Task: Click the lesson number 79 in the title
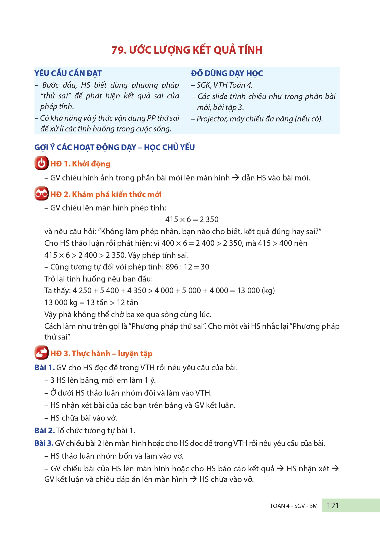tap(118, 50)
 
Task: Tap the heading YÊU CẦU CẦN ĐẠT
tap(68, 73)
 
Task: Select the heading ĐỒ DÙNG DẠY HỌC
tap(227, 73)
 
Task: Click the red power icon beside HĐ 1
tap(41, 163)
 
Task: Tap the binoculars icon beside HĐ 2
tap(41, 194)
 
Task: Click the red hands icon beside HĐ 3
tap(41, 353)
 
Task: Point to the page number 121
tap(333, 506)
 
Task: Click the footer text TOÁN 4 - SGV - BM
tap(293, 506)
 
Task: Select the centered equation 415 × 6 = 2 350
tap(192, 219)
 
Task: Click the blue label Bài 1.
tap(44, 368)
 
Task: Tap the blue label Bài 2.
tap(44, 431)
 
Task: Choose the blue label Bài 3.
tap(44, 443)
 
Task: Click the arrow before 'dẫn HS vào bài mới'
tap(236, 178)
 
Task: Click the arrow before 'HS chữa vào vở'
tap(193, 479)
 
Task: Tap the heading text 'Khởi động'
tap(91, 164)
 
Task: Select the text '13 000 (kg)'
tap(256, 291)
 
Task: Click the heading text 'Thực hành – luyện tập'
tap(112, 354)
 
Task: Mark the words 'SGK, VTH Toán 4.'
tap(224, 85)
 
